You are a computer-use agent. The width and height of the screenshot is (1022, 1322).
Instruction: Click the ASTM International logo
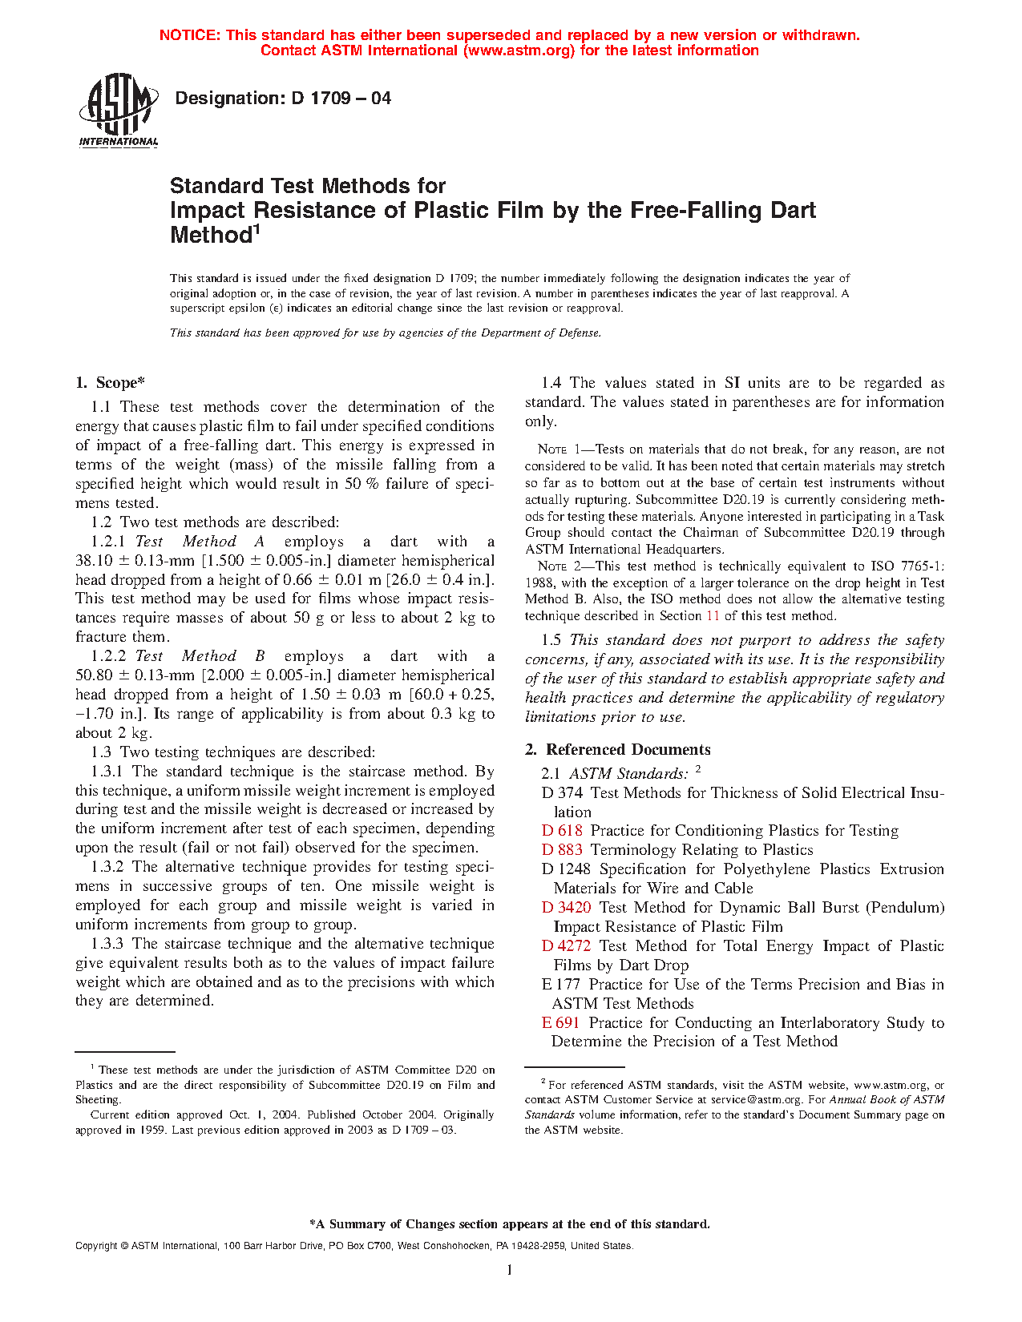pos(118,111)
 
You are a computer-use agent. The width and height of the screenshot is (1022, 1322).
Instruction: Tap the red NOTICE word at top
pos(189,35)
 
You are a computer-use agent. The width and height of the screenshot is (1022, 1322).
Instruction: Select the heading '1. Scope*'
pos(111,383)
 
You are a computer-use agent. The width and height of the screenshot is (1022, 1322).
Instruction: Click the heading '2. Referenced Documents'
pos(618,750)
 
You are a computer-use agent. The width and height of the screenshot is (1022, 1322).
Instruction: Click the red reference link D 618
pos(562,831)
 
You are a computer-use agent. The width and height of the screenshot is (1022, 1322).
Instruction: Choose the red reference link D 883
pos(562,850)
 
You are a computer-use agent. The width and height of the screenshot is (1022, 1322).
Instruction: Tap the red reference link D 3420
pos(566,908)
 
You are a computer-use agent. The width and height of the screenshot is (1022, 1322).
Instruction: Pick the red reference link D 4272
pos(566,946)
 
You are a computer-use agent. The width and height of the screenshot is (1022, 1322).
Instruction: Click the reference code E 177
pos(560,985)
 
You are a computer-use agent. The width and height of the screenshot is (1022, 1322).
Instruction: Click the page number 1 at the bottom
pos(510,1269)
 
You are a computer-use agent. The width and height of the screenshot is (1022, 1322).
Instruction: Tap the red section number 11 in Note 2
pos(713,616)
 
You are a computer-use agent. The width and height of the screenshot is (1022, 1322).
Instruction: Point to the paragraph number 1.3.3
pos(108,944)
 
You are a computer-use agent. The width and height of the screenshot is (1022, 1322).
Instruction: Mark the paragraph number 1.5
pos(551,640)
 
